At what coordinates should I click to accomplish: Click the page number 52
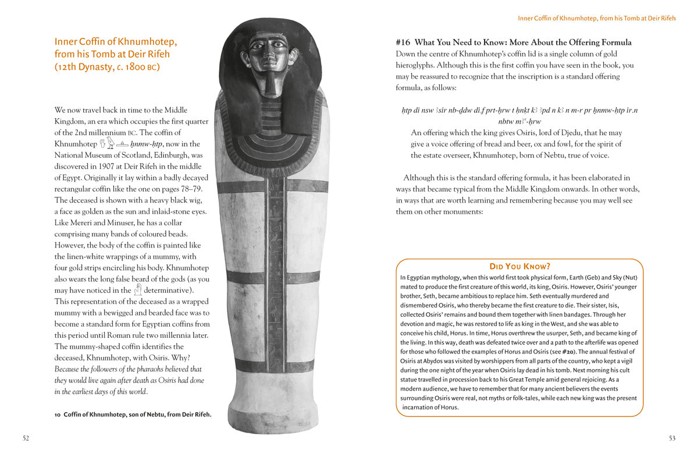click(26, 438)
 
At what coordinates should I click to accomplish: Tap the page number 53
click(672, 438)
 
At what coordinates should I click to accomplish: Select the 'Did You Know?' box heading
click(519, 266)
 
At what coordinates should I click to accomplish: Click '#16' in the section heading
click(403, 43)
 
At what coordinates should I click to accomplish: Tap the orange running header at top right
click(597, 18)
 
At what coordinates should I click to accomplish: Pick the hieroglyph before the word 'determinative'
click(137, 289)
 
